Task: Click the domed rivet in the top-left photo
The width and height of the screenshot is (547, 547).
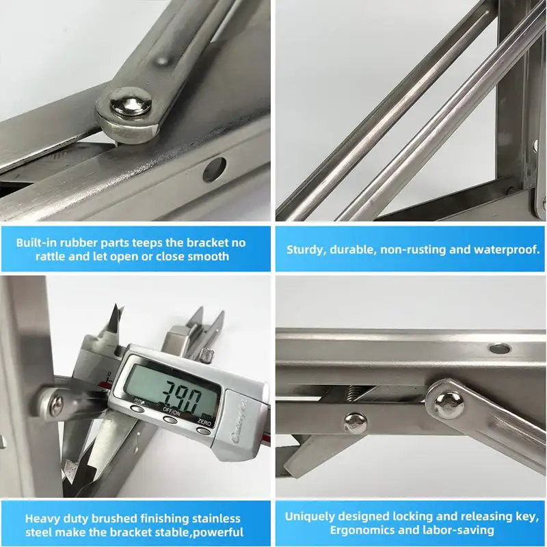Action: pyautogui.click(x=130, y=105)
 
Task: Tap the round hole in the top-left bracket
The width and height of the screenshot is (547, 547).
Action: pyautogui.click(x=213, y=168)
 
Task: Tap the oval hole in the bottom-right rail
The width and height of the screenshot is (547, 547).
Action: pyautogui.click(x=500, y=348)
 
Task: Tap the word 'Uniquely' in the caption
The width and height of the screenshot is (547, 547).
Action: pyautogui.click(x=312, y=516)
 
